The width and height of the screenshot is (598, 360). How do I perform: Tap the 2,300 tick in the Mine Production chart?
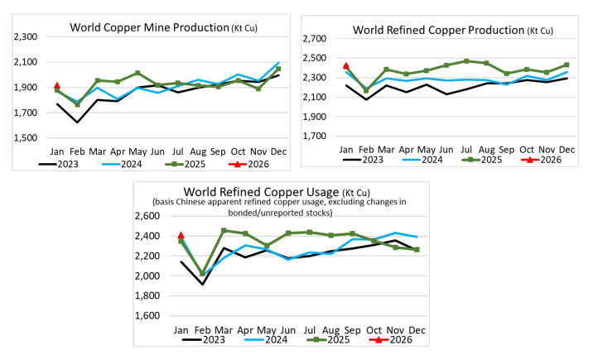[x=25, y=37]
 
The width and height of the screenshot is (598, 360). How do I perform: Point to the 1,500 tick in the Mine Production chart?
[x=25, y=138]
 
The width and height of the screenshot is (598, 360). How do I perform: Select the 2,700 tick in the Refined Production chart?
[x=321, y=39]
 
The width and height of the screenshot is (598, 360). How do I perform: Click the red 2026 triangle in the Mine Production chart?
[x=57, y=85]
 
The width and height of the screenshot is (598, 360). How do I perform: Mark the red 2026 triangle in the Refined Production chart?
[x=346, y=65]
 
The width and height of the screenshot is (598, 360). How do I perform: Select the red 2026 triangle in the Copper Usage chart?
[x=181, y=235]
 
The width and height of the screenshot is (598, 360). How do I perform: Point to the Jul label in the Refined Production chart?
[x=466, y=150]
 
